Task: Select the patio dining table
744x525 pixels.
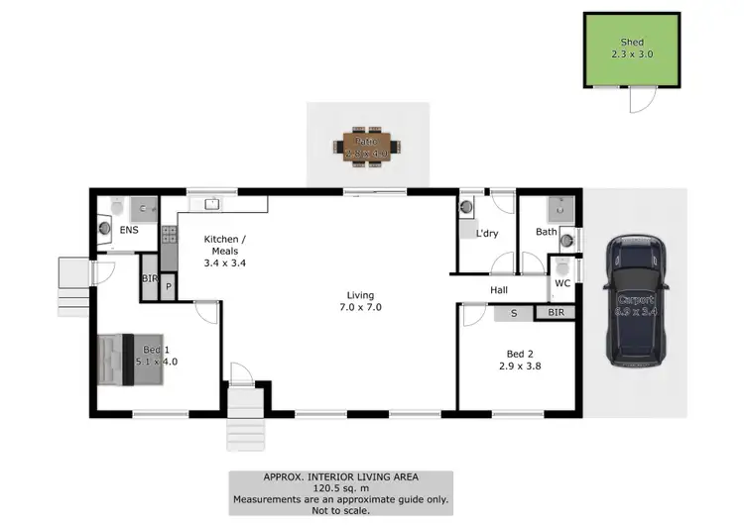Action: pos(372,146)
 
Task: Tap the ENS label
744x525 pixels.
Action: pos(129,230)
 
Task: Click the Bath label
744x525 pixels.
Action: pos(546,233)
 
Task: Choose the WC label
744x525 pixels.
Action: pos(562,283)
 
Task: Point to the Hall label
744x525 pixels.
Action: pos(500,290)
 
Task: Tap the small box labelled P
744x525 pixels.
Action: pos(169,286)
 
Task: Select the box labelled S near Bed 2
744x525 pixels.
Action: pos(513,313)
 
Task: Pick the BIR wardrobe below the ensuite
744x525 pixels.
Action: pos(150,279)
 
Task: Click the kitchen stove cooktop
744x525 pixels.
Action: pos(169,236)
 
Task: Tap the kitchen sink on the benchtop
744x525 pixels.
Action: pos(210,204)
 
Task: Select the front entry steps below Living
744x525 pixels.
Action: pos(246,416)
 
